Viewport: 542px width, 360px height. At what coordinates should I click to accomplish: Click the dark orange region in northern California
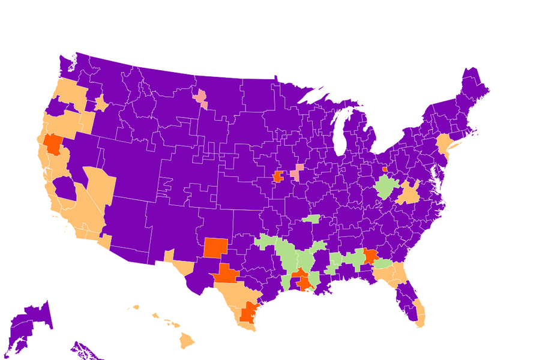(x=53, y=143)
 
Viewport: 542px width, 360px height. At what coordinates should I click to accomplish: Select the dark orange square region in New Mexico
(x=215, y=247)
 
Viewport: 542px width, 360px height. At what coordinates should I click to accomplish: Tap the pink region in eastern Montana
(x=201, y=98)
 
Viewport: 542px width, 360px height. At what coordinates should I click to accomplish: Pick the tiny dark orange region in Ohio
(x=385, y=169)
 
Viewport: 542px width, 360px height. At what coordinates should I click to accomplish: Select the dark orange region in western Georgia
(x=370, y=258)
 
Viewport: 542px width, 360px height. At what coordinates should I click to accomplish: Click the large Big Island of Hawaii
(x=187, y=341)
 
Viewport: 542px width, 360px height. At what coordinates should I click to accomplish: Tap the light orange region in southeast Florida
(x=419, y=314)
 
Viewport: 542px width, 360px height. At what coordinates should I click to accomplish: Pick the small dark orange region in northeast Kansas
(x=278, y=176)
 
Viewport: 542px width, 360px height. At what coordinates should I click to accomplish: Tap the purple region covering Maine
(x=473, y=88)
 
